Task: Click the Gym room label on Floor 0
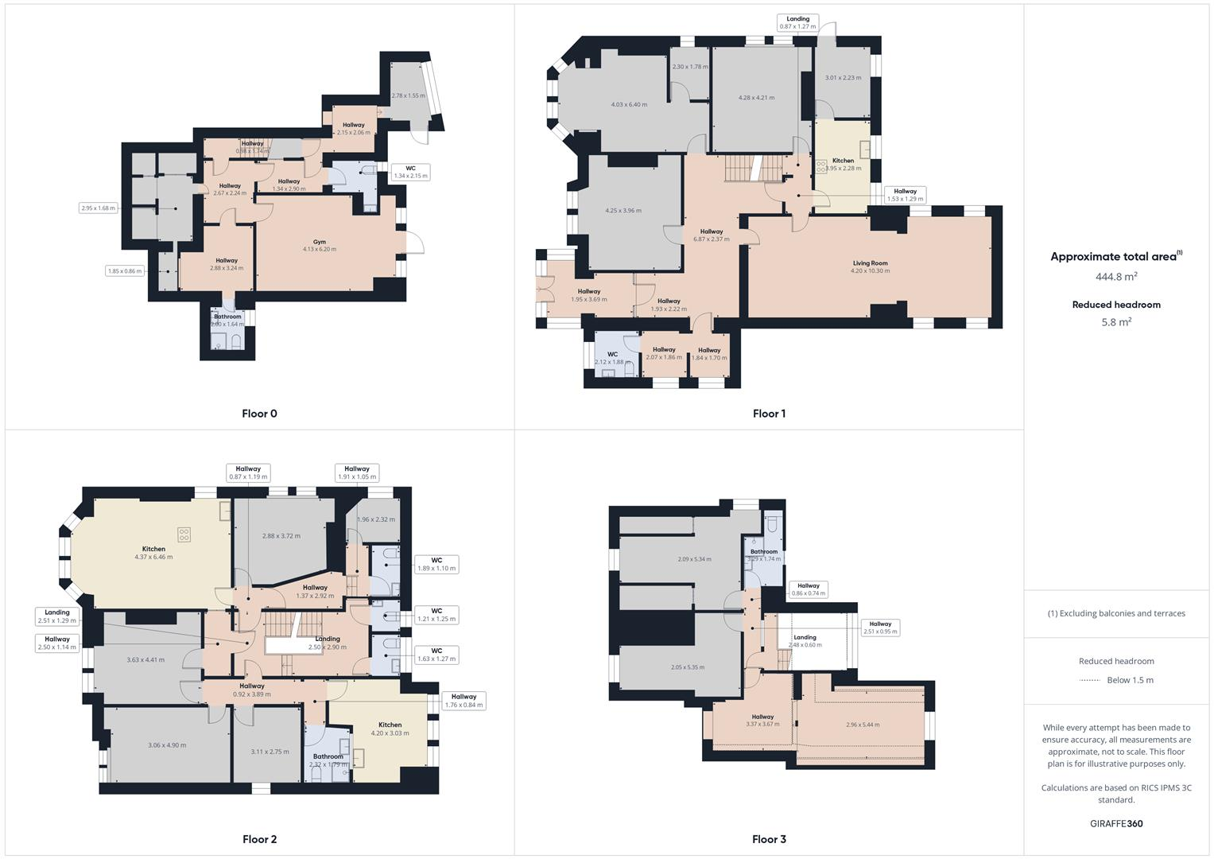coord(319,245)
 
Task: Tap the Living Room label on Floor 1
coord(870,266)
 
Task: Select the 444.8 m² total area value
coord(1116,277)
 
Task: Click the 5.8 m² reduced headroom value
coord(1116,322)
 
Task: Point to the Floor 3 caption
coord(769,839)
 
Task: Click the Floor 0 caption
coord(259,414)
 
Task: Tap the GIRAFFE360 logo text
coord(1116,823)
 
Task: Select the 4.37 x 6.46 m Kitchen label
coord(153,553)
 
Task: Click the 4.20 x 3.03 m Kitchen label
coord(390,729)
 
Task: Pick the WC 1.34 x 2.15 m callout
coord(410,172)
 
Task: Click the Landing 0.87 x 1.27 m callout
coord(797,23)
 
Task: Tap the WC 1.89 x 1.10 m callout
coord(436,564)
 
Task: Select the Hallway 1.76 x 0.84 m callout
coord(463,701)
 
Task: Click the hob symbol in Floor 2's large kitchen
coord(184,534)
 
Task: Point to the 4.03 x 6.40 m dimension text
coord(629,105)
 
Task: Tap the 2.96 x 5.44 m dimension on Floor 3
coord(863,725)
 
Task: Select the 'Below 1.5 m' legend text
coord(1130,680)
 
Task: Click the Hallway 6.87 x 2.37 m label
coord(711,235)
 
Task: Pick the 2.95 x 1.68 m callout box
coord(99,208)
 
